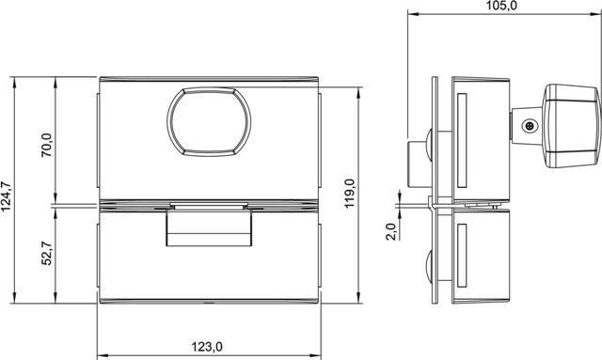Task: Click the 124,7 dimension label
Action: coord(7,196)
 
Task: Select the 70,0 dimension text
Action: coord(47,145)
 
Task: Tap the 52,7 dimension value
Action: coord(47,253)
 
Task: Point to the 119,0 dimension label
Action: coord(349,194)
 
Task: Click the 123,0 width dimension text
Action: coord(207,347)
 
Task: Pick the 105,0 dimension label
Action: coord(501,6)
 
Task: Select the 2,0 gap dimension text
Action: coord(391,231)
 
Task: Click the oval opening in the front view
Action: coord(209,121)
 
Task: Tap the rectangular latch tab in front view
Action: coord(209,227)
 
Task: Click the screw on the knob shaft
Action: coord(530,126)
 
